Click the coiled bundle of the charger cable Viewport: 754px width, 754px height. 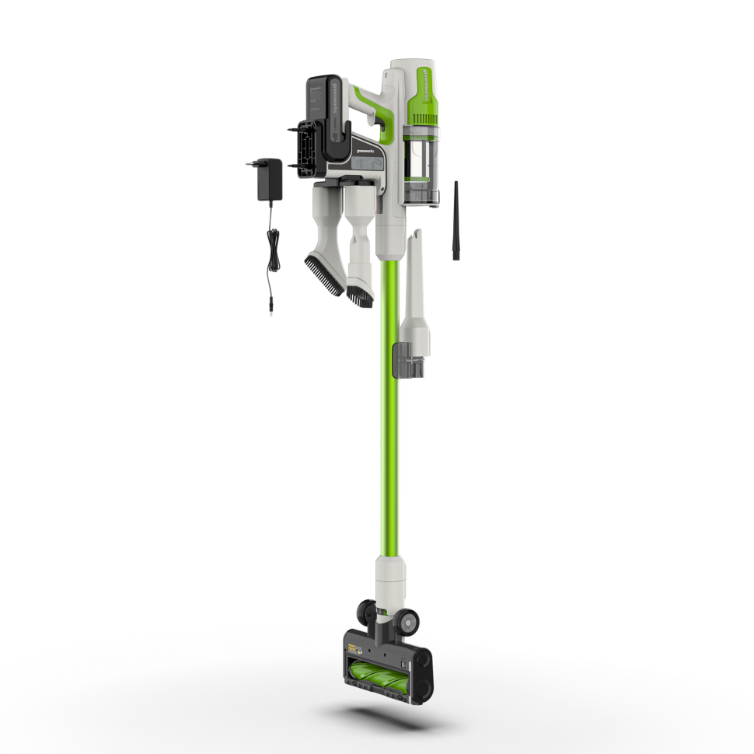click(x=272, y=252)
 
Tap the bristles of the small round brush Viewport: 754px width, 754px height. click(x=359, y=296)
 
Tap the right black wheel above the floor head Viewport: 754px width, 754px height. click(x=407, y=620)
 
